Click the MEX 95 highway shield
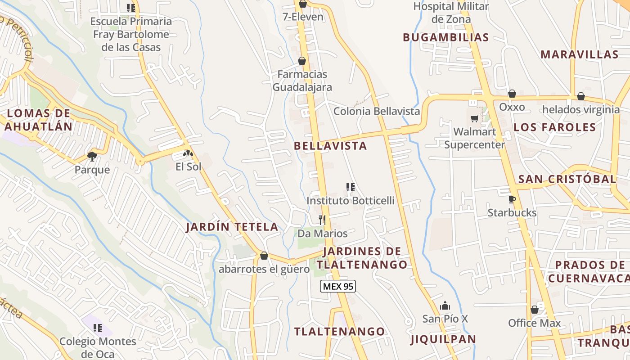point(338,286)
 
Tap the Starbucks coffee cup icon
point(512,199)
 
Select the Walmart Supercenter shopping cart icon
point(474,118)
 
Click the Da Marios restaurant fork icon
point(322,220)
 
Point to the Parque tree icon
point(92,156)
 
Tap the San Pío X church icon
point(445,306)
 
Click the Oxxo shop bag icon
point(512,94)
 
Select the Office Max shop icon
point(535,310)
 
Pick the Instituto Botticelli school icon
point(350,187)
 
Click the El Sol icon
point(188,153)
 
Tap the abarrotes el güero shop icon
point(264,256)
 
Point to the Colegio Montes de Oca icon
point(98,328)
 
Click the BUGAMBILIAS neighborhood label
point(445,37)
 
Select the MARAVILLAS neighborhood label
point(579,54)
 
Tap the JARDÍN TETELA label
point(232,227)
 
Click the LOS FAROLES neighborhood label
point(554,127)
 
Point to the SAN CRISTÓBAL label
point(567,179)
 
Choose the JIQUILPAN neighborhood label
point(443,339)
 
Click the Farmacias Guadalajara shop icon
point(302,61)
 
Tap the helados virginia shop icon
point(581,96)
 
